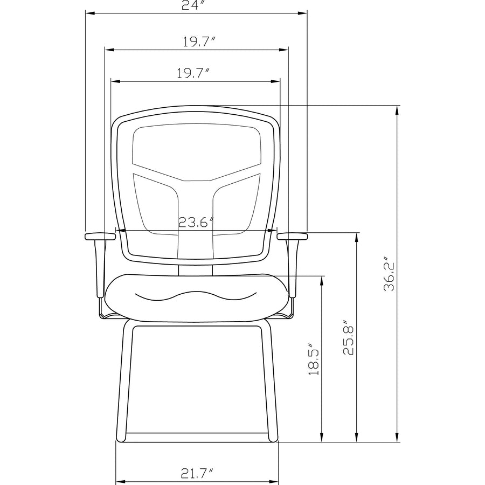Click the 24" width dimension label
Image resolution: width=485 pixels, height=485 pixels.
(193, 5)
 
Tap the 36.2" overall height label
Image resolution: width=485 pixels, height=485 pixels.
(389, 273)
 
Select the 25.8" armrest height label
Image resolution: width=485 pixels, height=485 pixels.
(349, 337)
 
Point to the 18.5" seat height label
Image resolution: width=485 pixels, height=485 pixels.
(314, 358)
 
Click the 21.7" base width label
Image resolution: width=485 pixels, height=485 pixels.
(197, 473)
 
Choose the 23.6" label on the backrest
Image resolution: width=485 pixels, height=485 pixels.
(196, 222)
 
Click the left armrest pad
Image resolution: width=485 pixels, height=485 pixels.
(100, 237)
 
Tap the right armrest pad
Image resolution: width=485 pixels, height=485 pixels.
(292, 237)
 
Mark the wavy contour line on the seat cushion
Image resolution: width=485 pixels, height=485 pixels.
(196, 296)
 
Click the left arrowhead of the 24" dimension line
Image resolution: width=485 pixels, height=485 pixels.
(90, 13)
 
